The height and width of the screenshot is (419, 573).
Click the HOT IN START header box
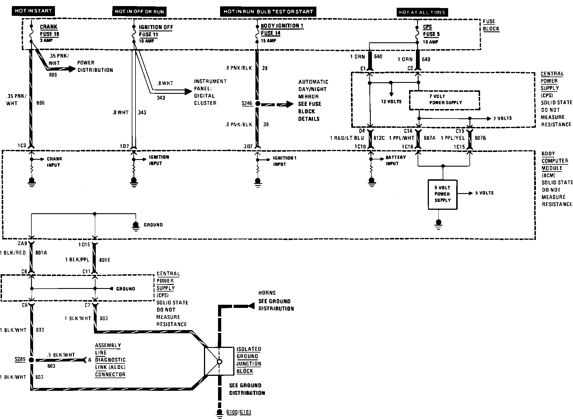pos(33,11)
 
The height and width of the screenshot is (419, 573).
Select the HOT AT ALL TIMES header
pos(422,12)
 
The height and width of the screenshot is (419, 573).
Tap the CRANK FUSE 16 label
pos(49,33)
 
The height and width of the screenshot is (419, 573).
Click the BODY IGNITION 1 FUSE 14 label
pos(282,33)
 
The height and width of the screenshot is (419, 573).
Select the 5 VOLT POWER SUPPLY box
pos(442,194)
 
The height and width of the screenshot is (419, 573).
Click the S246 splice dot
pos(257,104)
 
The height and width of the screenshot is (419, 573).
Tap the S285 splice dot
pos(31,360)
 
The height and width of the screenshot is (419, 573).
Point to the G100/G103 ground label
pos(239,412)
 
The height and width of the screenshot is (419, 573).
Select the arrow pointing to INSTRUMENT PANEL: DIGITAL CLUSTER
pos(171,92)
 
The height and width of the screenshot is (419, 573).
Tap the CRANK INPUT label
pos(54,162)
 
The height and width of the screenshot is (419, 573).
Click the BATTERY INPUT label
pos(396,160)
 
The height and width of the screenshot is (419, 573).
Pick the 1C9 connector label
pos(22,146)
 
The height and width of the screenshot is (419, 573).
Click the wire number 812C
pos(379,138)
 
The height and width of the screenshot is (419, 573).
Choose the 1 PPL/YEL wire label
pos(453,138)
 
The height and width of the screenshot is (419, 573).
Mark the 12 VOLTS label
pos(391,102)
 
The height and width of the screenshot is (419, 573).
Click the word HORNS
pos(267,293)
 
